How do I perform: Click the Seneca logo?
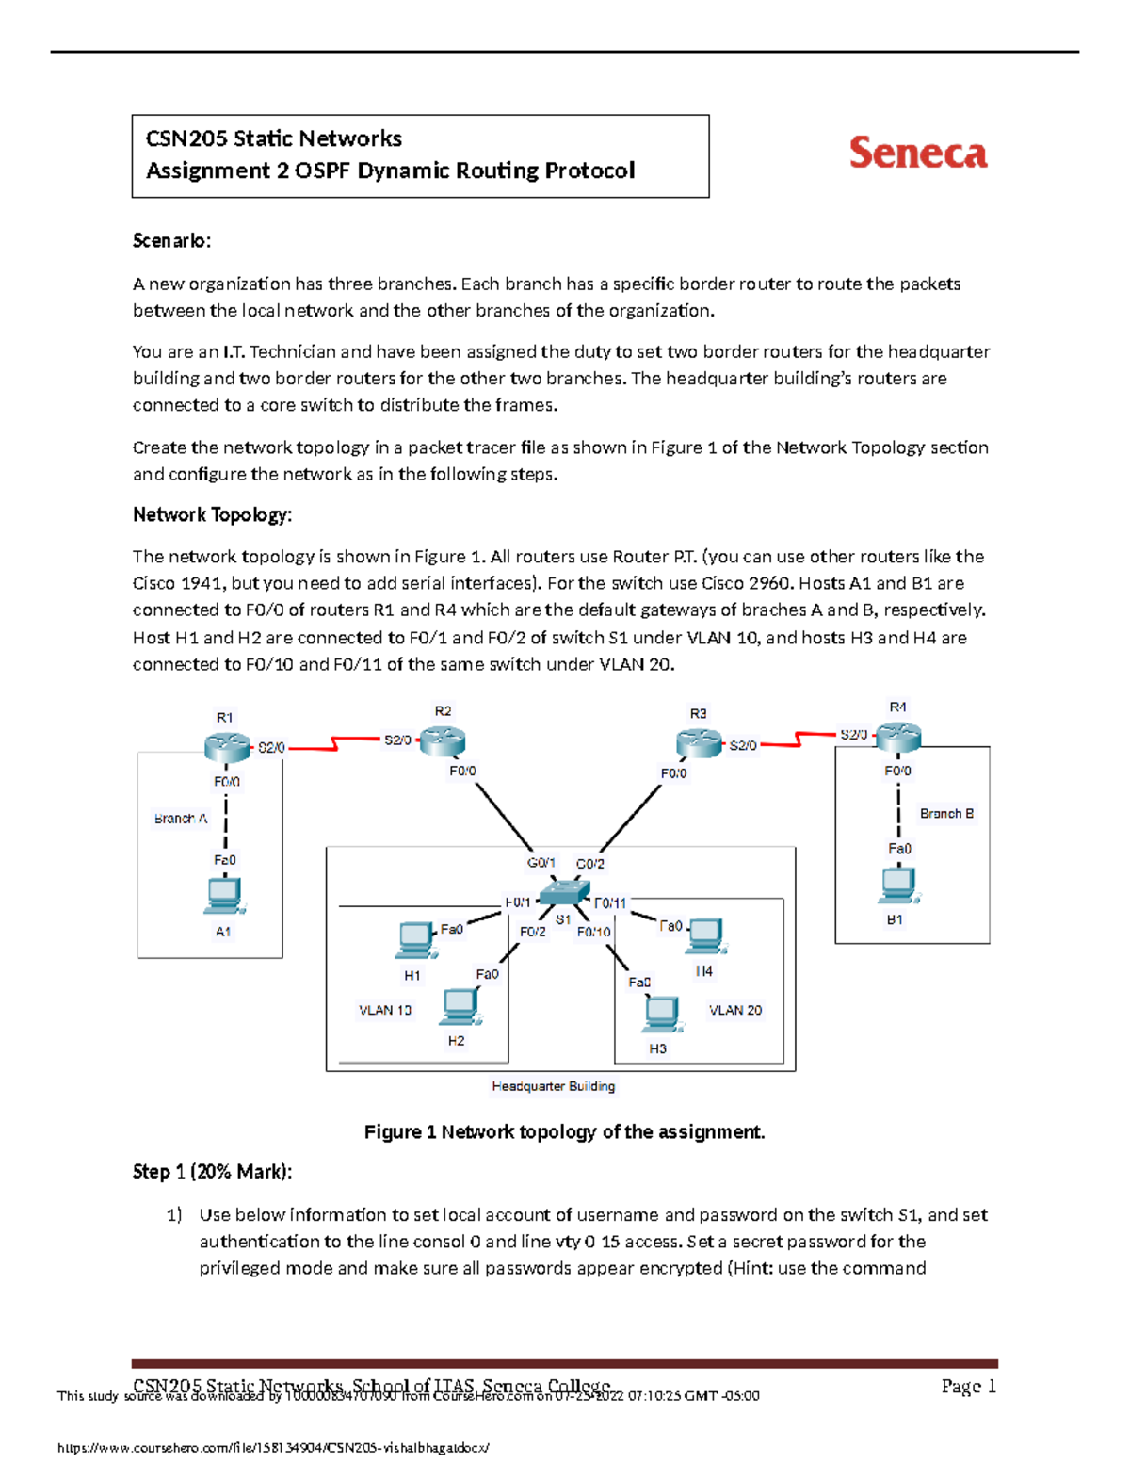(918, 153)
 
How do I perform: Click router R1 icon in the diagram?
(226, 747)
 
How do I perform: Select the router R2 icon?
(442, 741)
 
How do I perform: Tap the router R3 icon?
(699, 744)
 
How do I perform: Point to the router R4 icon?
(898, 737)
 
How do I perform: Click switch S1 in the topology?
(564, 892)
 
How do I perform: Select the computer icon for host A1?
(224, 896)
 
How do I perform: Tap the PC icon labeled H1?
(414, 940)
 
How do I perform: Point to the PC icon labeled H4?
(705, 936)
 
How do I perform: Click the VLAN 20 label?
(735, 1010)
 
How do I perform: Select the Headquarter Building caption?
(554, 1086)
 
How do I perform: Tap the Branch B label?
(946, 813)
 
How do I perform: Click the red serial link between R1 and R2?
(335, 744)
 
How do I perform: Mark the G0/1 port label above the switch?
(541, 862)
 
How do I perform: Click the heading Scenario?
(172, 240)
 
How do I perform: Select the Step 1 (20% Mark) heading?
(213, 1171)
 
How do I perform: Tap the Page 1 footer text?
(968, 1386)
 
